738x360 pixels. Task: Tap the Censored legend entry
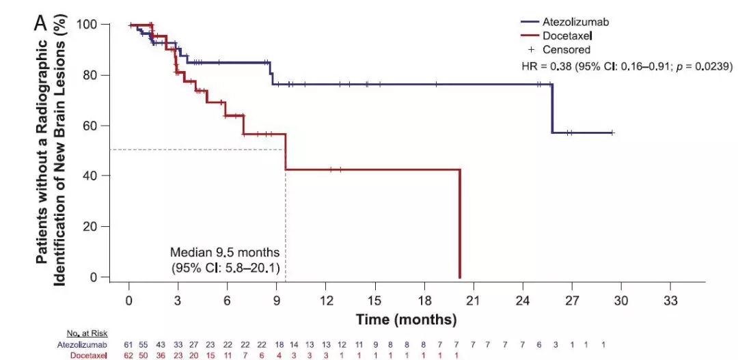pos(566,49)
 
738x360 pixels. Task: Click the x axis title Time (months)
pos(406,319)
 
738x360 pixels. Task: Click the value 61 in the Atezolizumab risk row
pos(128,345)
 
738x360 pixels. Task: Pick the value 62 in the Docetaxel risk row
pos(128,355)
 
